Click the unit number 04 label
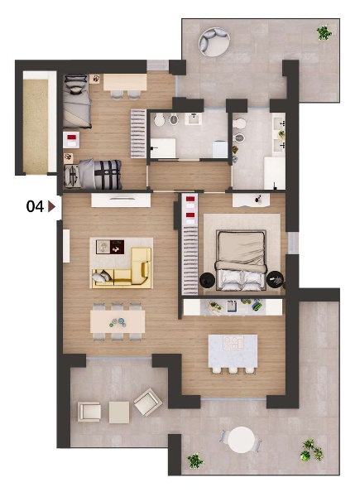(x=35, y=206)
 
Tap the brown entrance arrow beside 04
(x=51, y=206)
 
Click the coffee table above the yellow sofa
(x=110, y=247)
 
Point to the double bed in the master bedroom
(x=241, y=260)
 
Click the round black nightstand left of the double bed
(x=208, y=280)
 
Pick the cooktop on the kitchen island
(x=233, y=343)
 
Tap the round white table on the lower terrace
(x=242, y=440)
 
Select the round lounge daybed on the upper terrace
(x=214, y=42)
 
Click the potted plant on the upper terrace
(x=324, y=32)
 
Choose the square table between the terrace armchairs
(x=119, y=413)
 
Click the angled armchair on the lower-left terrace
(x=148, y=402)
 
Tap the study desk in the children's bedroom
(x=125, y=82)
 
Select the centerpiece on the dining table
(x=118, y=322)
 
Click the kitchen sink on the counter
(x=233, y=306)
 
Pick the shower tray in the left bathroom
(x=163, y=147)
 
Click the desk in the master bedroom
(x=251, y=200)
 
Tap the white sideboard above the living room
(x=121, y=200)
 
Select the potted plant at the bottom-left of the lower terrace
(x=195, y=461)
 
